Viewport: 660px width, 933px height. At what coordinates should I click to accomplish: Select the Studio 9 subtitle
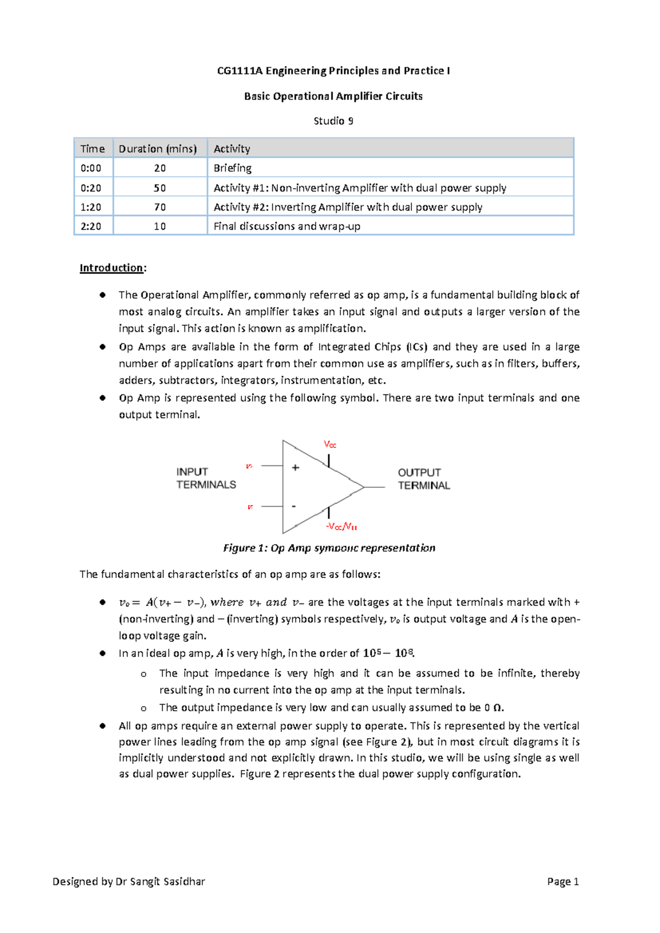[333, 121]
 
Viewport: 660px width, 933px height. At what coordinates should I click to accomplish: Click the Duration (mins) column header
[158, 149]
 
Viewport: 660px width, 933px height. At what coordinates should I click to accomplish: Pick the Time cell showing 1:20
[91, 207]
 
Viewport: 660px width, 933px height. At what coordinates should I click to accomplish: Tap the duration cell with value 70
[159, 207]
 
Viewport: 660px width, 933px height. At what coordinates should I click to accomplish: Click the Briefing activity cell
[233, 168]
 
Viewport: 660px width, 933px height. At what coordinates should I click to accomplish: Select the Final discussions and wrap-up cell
[287, 227]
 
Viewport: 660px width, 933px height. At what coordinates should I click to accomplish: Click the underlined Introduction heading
[112, 268]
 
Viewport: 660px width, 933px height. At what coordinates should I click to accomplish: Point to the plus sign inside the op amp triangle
[295, 468]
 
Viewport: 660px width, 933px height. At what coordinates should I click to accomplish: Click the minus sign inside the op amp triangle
[294, 506]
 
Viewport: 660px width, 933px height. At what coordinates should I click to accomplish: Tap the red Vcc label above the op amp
[330, 444]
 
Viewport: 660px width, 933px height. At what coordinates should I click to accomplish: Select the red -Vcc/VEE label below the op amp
[342, 526]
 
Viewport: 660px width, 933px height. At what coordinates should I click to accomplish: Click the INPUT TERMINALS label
[206, 479]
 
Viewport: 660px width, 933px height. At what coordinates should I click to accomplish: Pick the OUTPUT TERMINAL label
[424, 479]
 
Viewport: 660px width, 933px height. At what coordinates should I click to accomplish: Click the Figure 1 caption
[329, 548]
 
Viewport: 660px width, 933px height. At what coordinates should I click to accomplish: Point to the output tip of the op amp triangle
[364, 487]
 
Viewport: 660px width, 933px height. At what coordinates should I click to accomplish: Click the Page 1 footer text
[563, 882]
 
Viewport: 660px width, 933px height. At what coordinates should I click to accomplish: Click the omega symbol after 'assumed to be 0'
[497, 708]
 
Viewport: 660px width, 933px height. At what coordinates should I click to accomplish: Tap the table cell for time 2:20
[91, 227]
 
